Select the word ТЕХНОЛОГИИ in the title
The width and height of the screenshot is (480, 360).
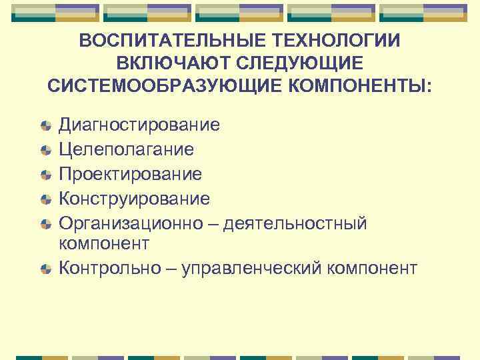pos(335,41)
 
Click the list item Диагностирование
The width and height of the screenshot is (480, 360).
pos(139,125)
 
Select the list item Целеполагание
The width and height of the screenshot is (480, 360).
pos(127,149)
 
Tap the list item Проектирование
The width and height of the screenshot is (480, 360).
pos(130,174)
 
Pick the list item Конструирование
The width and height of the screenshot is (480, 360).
pos(135,199)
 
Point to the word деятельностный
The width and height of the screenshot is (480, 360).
pos(295,223)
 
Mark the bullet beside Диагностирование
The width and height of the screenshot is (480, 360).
pos(45,125)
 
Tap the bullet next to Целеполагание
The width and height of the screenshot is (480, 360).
pos(45,150)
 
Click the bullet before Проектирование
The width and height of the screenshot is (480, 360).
pos(45,175)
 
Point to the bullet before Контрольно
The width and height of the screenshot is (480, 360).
pos(45,269)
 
